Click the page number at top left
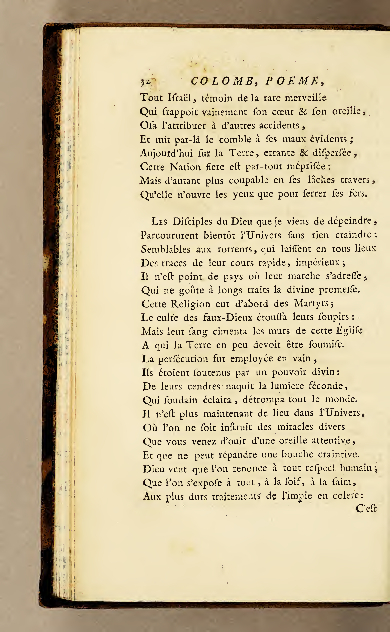pos(146,82)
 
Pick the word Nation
pos(185,167)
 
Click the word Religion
pos(190,304)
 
